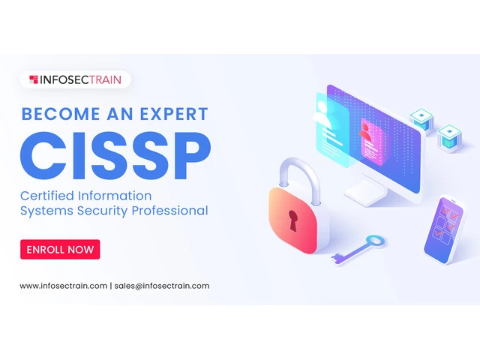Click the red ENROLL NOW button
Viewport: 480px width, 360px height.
click(x=60, y=250)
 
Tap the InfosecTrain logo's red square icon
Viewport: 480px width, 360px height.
click(x=34, y=79)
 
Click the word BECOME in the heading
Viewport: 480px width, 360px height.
click(x=60, y=114)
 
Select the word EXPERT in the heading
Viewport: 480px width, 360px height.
click(x=174, y=114)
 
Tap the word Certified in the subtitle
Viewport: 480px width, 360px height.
click(x=47, y=196)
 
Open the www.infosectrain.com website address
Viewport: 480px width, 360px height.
click(x=63, y=286)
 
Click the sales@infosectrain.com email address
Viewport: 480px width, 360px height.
click(x=162, y=286)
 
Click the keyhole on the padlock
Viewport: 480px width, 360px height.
click(x=292, y=220)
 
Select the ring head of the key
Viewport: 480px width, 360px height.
click(x=375, y=241)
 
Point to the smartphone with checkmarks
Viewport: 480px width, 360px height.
click(x=443, y=229)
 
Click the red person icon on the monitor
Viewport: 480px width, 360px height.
click(x=365, y=132)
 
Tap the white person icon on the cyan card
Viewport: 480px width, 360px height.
click(x=322, y=114)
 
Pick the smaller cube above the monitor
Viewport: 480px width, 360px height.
click(x=421, y=119)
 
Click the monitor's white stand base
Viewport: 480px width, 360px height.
click(x=365, y=192)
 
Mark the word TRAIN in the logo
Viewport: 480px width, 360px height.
click(x=106, y=80)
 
